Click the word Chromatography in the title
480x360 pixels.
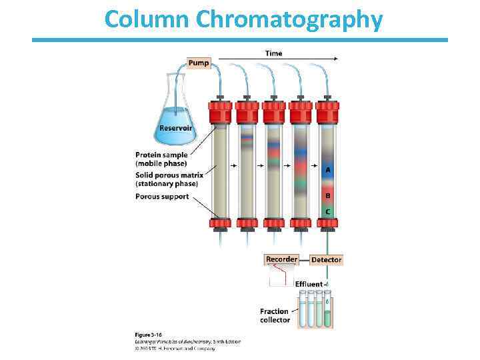(x=289, y=20)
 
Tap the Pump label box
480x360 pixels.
(x=199, y=63)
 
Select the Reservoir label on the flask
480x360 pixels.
(x=175, y=128)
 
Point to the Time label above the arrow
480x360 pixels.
(x=273, y=53)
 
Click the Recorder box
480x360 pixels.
(x=281, y=259)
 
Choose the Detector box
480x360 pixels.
(x=326, y=259)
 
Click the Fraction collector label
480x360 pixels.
(x=275, y=315)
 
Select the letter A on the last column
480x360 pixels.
(x=327, y=170)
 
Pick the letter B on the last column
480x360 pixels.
(x=327, y=195)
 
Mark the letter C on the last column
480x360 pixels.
(x=327, y=211)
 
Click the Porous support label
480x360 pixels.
(x=162, y=197)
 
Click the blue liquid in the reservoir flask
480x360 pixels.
(x=176, y=136)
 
